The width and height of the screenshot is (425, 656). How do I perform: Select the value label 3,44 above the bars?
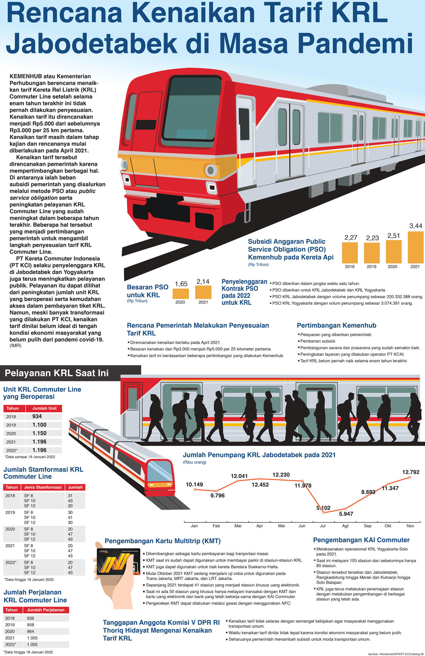pos(415,226)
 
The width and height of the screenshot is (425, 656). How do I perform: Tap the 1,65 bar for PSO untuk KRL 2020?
pos(181,293)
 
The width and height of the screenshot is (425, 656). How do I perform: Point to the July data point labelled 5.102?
pos(324,512)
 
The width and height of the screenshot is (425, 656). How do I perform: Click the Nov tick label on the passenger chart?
pos(410,526)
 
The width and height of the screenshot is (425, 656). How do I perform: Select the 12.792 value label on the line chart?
pos(410,472)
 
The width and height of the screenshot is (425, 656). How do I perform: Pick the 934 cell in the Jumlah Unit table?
pos(37,416)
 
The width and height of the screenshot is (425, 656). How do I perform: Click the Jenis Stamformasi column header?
pos(43,487)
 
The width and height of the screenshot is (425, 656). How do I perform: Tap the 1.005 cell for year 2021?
pos(32,638)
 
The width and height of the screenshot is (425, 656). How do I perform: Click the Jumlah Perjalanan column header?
pos(46,610)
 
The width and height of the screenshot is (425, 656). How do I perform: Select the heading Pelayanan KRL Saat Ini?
pos(56,373)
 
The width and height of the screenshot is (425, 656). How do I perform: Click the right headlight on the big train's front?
pos(211,170)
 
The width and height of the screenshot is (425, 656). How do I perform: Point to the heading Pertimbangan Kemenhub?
pos(336,326)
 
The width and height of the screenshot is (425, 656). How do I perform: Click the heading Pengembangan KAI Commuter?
pos(361,540)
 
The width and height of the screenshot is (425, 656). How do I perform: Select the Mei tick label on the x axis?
pos(281,526)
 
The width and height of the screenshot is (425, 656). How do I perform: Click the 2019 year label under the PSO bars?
pos(371,267)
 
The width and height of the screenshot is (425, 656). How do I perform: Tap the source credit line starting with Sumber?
pos(396,654)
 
